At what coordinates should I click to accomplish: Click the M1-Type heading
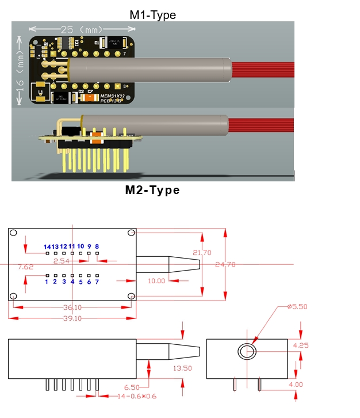[152, 15]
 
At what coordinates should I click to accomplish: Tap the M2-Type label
[152, 190]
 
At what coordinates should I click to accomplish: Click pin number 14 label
[47, 246]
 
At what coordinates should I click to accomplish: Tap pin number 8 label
[97, 246]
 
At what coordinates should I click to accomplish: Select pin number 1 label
[47, 282]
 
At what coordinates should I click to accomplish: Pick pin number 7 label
[97, 282]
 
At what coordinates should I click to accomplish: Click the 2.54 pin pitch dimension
[61, 261]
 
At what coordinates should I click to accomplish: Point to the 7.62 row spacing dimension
[26, 267]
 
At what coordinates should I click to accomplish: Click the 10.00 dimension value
[156, 281]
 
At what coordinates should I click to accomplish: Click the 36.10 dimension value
[72, 307]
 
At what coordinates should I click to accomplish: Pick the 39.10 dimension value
[72, 318]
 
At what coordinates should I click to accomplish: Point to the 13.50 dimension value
[183, 368]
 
